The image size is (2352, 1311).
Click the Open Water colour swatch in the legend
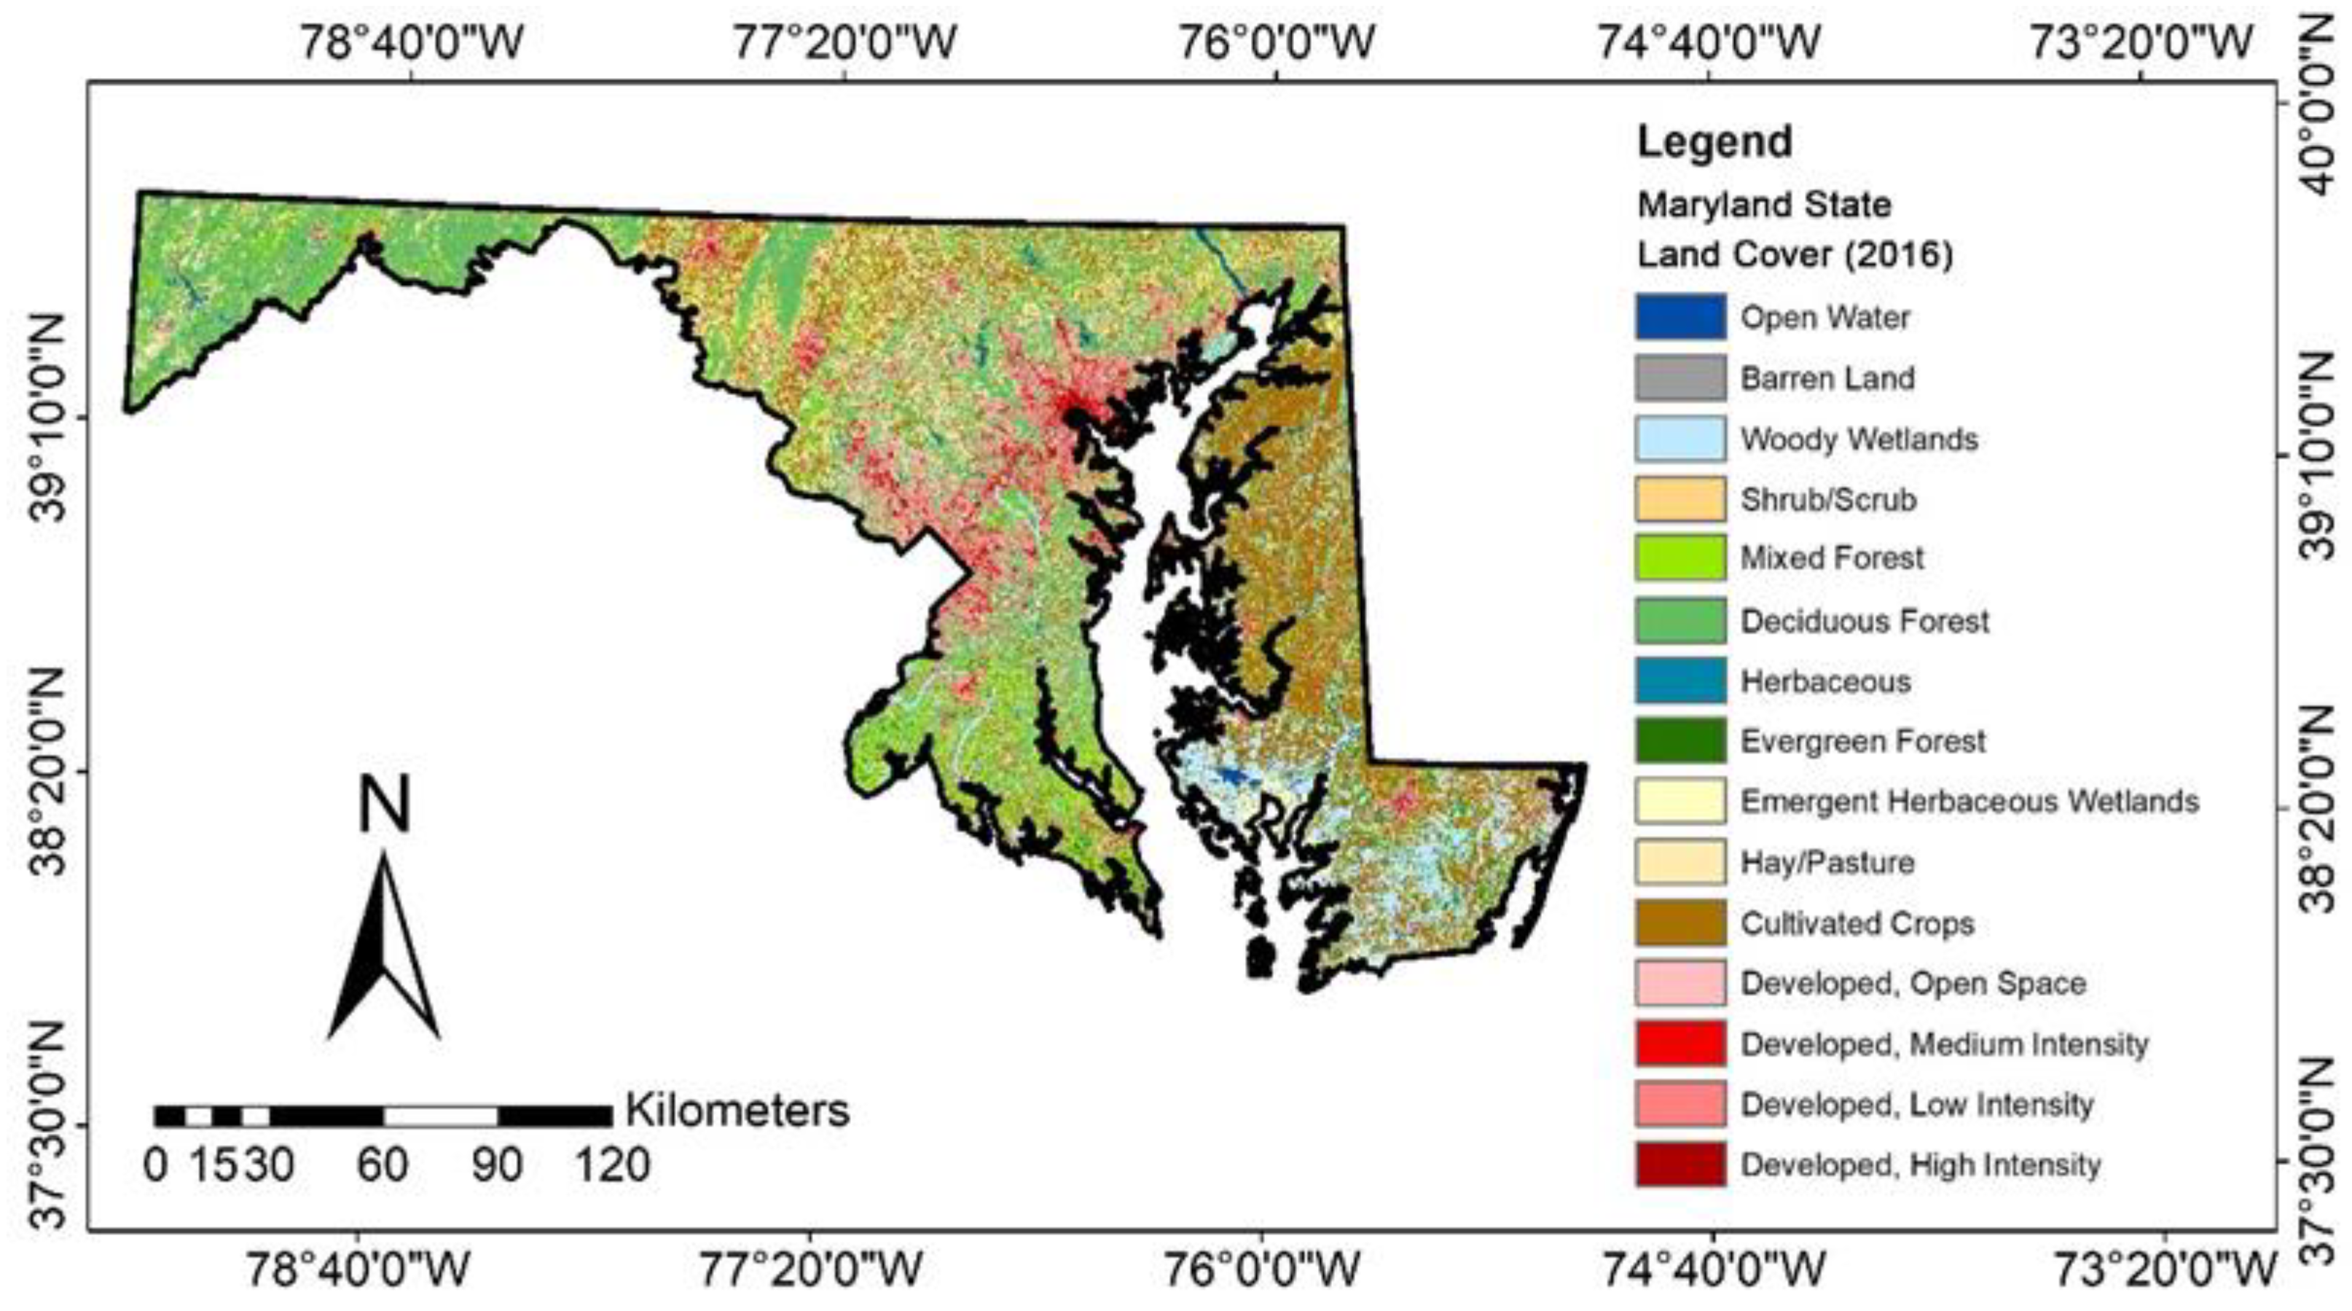[x=1680, y=317]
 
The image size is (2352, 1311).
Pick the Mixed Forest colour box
[x=1680, y=557]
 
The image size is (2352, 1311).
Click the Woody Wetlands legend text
[x=1859, y=439]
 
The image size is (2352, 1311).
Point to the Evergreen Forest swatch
[x=1680, y=740]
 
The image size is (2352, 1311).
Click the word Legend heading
[x=1714, y=141]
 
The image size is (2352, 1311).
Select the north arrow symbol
[x=383, y=950]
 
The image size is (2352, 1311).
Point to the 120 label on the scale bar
[x=612, y=1166]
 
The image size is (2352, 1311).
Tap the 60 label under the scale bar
[x=382, y=1166]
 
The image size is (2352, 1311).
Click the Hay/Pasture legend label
[x=1827, y=862]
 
